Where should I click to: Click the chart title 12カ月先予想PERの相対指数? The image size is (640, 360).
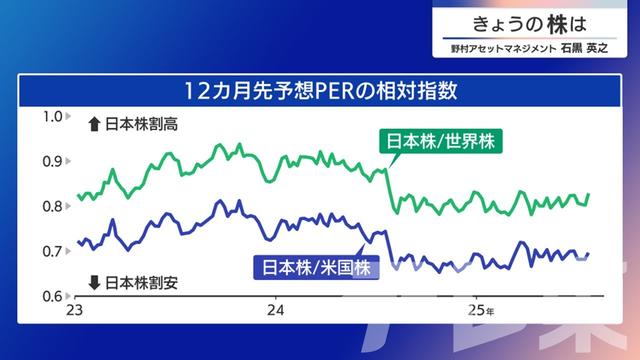(320, 91)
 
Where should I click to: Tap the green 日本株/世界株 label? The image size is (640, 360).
(440, 140)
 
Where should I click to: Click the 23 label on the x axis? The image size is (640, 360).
(73, 312)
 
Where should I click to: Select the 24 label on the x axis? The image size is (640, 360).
(274, 312)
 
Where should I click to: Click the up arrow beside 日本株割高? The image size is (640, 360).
(94, 125)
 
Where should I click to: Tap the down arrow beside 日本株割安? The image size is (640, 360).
(94, 282)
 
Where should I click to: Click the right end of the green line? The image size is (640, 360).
(589, 194)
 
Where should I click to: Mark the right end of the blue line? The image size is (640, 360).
(589, 254)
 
